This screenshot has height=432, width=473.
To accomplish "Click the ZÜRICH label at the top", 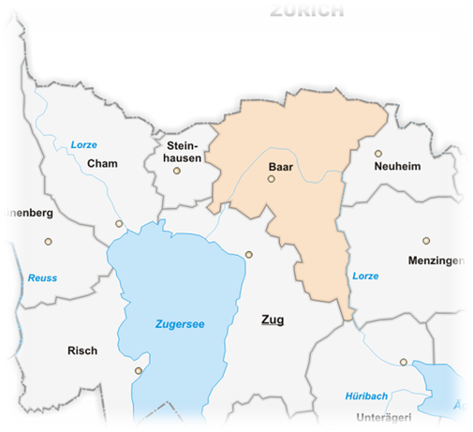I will click(x=306, y=11).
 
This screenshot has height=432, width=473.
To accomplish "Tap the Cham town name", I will click(x=100, y=164).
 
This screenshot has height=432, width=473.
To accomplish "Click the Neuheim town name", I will click(x=397, y=166).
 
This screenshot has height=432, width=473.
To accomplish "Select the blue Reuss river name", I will click(x=42, y=277).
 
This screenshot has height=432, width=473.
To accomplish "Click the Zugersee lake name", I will click(x=179, y=324).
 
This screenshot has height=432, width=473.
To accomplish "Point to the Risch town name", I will click(x=82, y=351).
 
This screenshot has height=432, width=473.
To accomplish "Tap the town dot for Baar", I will click(x=272, y=179).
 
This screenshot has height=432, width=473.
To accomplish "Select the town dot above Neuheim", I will click(x=378, y=154).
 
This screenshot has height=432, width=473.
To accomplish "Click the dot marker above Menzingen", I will click(x=426, y=241).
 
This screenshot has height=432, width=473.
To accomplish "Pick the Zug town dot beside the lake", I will click(x=249, y=254).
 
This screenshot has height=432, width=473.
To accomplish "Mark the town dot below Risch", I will click(x=139, y=370).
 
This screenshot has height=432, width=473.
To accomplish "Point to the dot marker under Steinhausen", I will click(x=176, y=171).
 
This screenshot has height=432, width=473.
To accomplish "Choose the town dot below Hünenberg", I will click(x=49, y=241).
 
